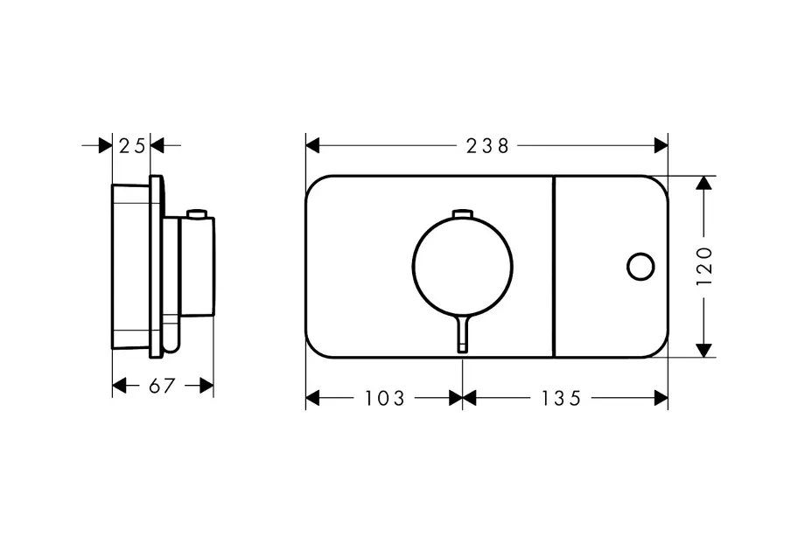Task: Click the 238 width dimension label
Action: tap(487, 146)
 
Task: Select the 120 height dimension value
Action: tap(703, 266)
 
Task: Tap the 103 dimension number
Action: tap(385, 398)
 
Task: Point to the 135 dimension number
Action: tap(560, 398)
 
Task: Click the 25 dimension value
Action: tap(132, 146)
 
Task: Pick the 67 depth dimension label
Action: tap(162, 386)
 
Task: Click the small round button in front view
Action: tap(640, 267)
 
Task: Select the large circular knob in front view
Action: tap(463, 266)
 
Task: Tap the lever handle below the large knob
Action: tap(463, 332)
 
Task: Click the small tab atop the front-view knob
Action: tap(463, 213)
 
